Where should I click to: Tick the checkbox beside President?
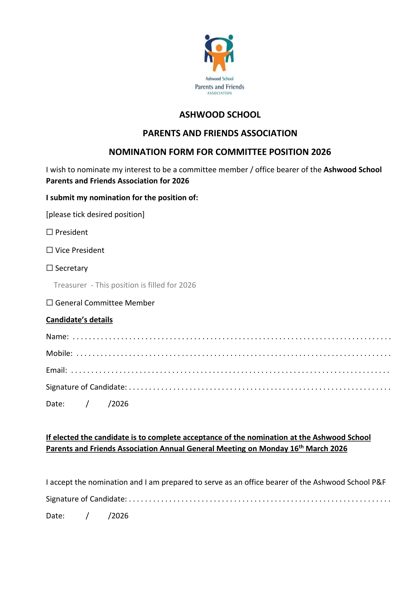pos(50,232)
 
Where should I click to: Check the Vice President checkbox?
pos(50,250)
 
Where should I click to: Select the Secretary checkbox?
pos(50,268)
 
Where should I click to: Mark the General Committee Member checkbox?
pos(50,303)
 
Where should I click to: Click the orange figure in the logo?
pos(219,56)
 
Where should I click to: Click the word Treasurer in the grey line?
pos(70,285)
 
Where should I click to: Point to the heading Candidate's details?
pos(79,320)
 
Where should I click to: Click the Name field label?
pos(57,337)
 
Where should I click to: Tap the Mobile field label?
pos(59,353)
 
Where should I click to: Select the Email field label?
pos(56,370)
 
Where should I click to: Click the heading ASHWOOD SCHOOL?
pos(220,115)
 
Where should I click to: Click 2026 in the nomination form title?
pos(321,152)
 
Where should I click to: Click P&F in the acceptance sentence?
pos(379,482)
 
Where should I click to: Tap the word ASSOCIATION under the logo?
pos(220,93)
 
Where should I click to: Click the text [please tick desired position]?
pos(95,214)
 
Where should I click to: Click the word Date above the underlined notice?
pos(55,404)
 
